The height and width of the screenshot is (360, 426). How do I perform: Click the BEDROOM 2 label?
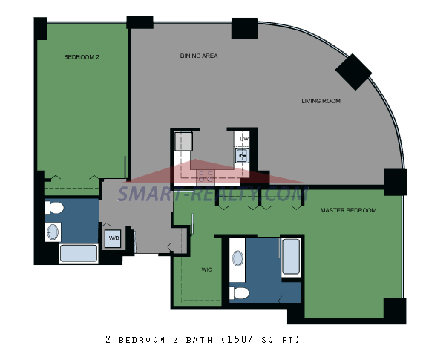[x=82, y=57]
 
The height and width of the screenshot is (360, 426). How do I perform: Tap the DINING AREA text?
[x=199, y=56]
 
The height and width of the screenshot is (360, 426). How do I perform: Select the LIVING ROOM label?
[x=321, y=101]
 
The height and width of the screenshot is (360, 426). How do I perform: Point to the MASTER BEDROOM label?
[x=348, y=210]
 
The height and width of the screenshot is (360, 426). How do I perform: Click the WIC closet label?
[x=206, y=269]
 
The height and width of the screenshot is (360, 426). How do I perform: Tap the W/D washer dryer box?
[x=113, y=238]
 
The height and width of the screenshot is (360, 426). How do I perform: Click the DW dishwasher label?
[x=244, y=139]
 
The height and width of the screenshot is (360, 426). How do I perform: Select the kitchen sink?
[x=242, y=156]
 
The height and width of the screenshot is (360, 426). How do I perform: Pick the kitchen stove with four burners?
[x=206, y=176]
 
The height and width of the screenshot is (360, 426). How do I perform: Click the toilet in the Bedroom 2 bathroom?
[x=55, y=208]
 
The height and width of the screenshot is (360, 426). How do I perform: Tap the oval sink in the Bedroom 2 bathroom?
[x=53, y=232]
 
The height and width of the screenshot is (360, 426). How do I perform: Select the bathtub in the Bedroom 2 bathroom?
[x=79, y=253]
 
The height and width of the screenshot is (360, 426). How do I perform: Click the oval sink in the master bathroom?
[x=237, y=258]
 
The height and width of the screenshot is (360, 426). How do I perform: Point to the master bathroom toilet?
[x=239, y=293]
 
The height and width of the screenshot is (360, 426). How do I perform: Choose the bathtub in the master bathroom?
[x=291, y=257]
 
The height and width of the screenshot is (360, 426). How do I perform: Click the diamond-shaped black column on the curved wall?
[x=353, y=72]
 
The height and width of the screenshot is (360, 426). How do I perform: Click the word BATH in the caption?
[x=199, y=340]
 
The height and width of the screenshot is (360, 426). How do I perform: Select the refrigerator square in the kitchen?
[x=183, y=141]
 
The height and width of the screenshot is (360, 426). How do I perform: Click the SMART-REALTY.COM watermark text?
[x=213, y=194]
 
